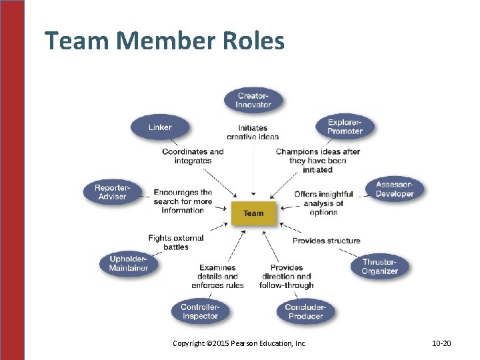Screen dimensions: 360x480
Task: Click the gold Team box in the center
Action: pyautogui.click(x=253, y=213)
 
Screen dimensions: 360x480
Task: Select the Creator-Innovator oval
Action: pyautogui.click(x=253, y=101)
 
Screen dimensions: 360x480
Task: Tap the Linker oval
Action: pyautogui.click(x=160, y=127)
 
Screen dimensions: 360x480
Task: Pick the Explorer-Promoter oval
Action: pyautogui.click(x=345, y=127)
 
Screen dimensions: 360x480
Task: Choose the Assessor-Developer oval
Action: pyautogui.click(x=394, y=189)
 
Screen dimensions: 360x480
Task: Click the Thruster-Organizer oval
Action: pyautogui.click(x=379, y=267)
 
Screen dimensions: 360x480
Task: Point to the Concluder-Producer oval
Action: pyautogui.click(x=305, y=311)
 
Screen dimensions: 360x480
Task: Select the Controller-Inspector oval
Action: pyautogui.click(x=200, y=311)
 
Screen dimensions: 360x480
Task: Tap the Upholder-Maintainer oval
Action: pyautogui.click(x=129, y=263)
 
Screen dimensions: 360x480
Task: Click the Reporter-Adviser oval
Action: pyautogui.click(x=112, y=192)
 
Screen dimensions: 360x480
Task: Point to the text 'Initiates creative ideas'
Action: pyautogui.click(x=253, y=132)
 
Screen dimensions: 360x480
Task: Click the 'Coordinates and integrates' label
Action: pyautogui.click(x=193, y=156)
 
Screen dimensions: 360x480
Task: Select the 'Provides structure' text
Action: pyautogui.click(x=326, y=241)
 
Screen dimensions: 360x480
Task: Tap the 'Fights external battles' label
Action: pyautogui.click(x=176, y=242)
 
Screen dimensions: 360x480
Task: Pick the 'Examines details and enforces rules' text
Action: pyautogui.click(x=221, y=277)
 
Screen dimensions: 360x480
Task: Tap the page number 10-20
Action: pyautogui.click(x=441, y=343)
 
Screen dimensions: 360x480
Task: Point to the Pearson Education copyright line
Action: pyautogui.click(x=239, y=343)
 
